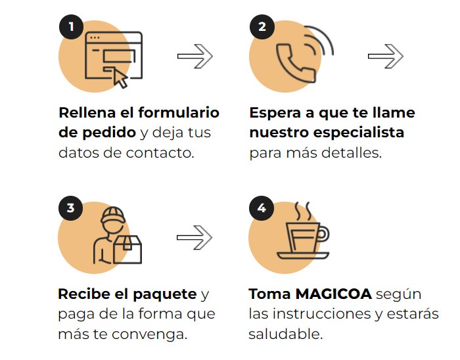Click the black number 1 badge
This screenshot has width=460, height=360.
(x=71, y=27)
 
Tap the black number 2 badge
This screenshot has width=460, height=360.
(x=262, y=27)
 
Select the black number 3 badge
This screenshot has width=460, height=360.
(x=71, y=208)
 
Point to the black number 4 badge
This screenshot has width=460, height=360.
(x=262, y=208)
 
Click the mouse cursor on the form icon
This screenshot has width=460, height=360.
(x=120, y=79)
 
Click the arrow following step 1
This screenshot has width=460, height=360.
(x=195, y=56)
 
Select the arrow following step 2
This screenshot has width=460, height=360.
(x=386, y=56)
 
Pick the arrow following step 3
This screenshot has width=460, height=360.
(x=195, y=237)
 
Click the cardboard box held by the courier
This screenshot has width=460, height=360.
(x=127, y=250)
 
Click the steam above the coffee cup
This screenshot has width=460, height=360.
(x=303, y=211)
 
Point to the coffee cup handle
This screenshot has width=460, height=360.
(x=323, y=235)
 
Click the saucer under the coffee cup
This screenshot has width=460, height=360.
(x=303, y=256)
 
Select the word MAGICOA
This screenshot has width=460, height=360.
(x=334, y=294)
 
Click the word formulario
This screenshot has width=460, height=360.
(x=179, y=112)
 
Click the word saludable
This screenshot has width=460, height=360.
(x=285, y=334)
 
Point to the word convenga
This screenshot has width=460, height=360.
(x=150, y=335)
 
